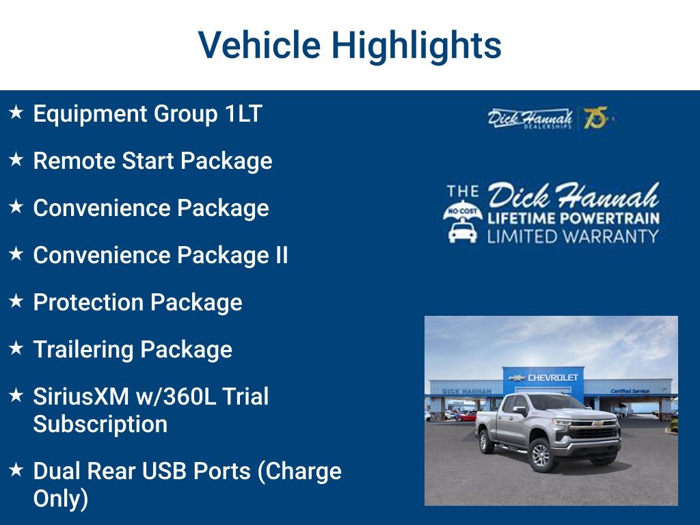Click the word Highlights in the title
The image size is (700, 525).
tap(416, 45)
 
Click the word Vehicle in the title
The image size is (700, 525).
tap(259, 45)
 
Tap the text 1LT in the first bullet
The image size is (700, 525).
tap(243, 113)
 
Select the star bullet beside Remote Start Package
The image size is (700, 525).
tap(16, 160)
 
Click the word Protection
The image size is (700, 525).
tap(88, 302)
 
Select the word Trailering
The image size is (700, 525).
tap(83, 349)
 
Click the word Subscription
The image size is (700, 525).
tap(100, 424)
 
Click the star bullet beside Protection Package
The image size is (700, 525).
tap(16, 301)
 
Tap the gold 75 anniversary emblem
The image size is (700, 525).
tap(595, 118)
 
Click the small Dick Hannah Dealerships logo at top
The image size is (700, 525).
tap(530, 118)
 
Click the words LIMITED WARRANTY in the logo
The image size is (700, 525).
tap(572, 237)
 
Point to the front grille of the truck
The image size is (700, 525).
tap(593, 432)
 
